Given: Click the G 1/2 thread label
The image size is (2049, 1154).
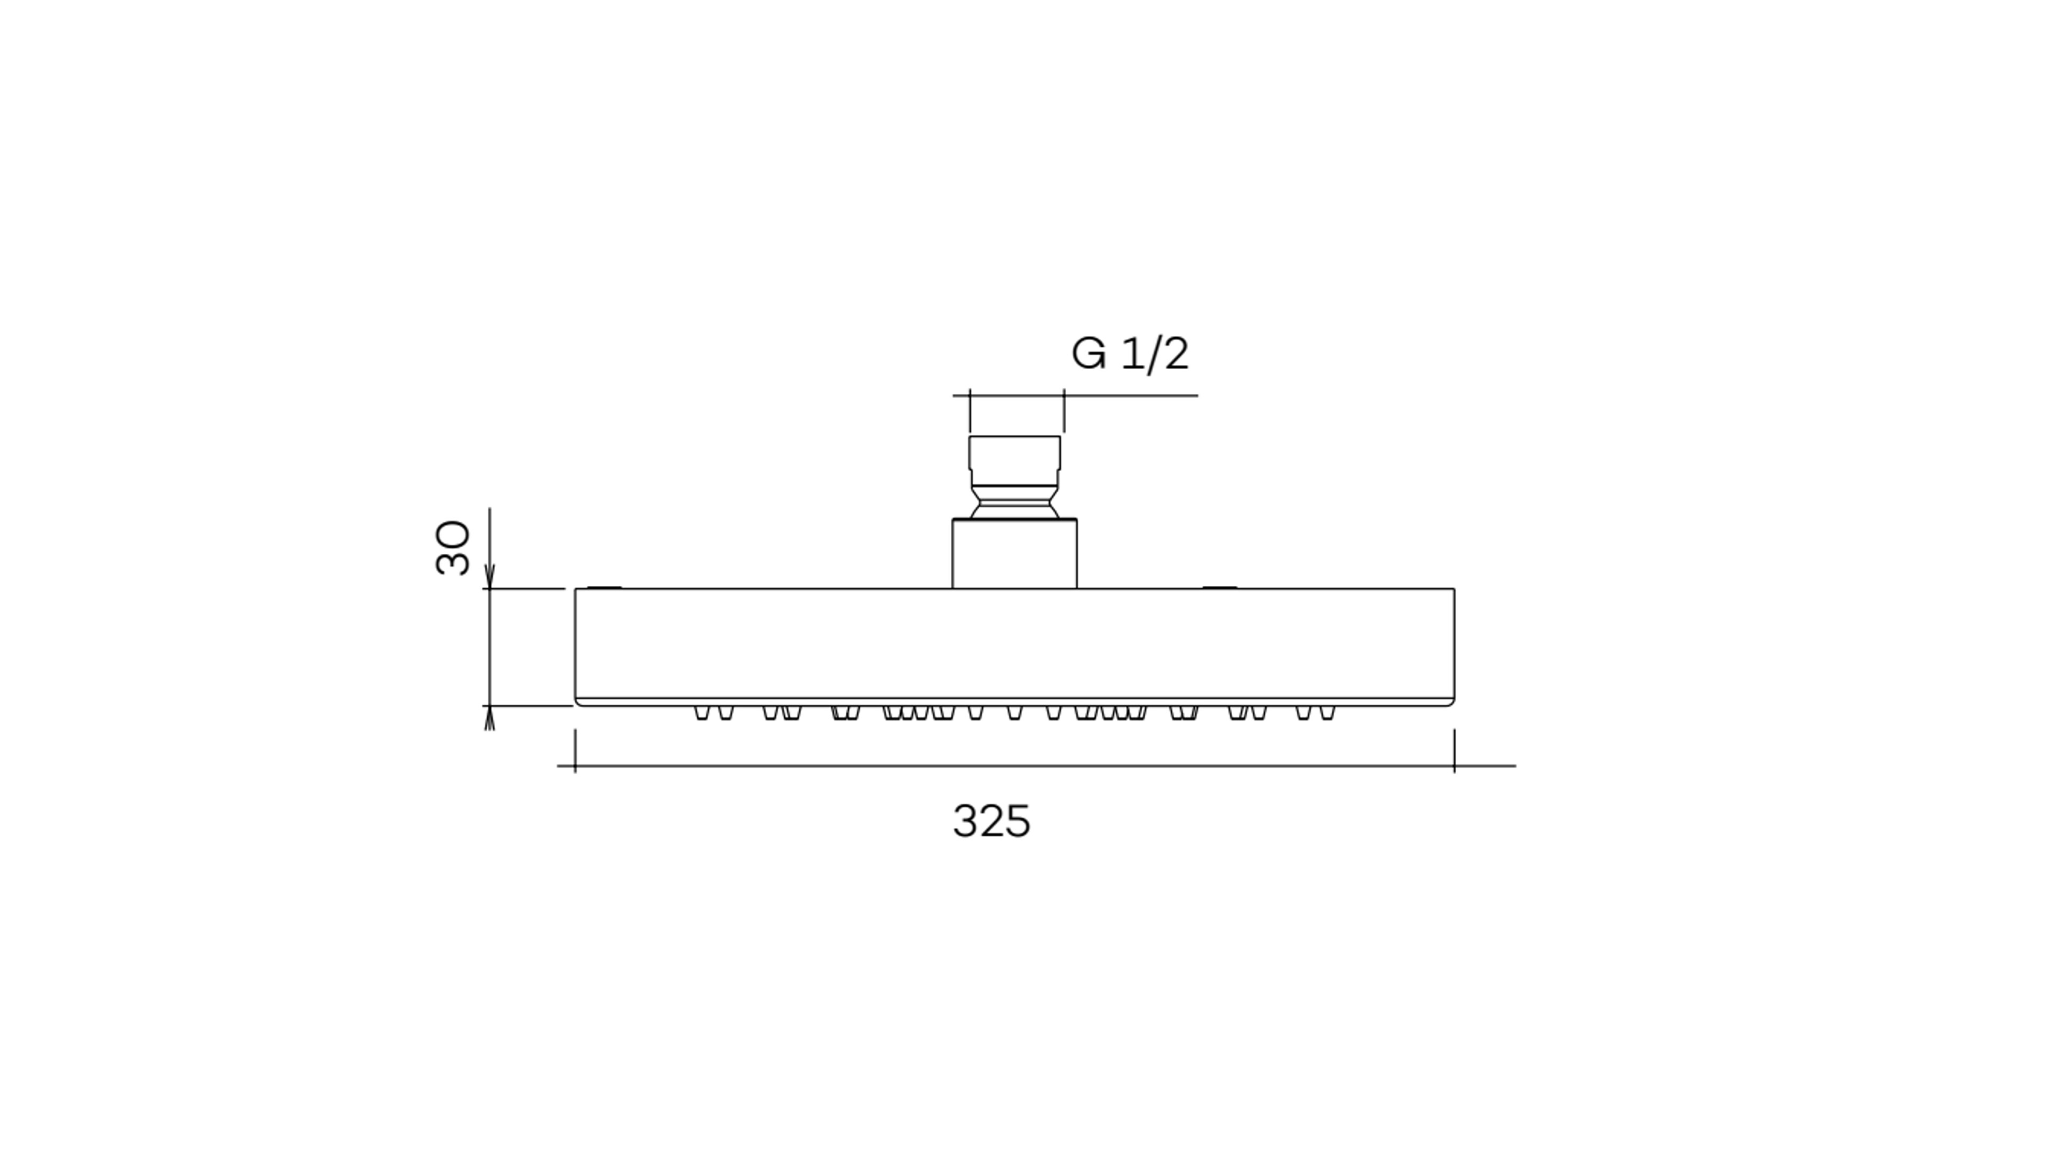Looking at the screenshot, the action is point(1130,354).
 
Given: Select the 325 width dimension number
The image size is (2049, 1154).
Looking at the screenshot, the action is point(991,822).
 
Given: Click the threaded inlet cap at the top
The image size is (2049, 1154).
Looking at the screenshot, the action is point(1014,460).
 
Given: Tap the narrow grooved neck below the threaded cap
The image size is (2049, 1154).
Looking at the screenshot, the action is point(1014,502).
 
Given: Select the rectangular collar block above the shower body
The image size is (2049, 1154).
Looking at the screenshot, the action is point(1014,554).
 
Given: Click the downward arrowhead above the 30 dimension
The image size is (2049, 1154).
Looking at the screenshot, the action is point(490,577).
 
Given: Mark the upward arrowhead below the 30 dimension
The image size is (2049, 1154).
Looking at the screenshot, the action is point(490,718).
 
